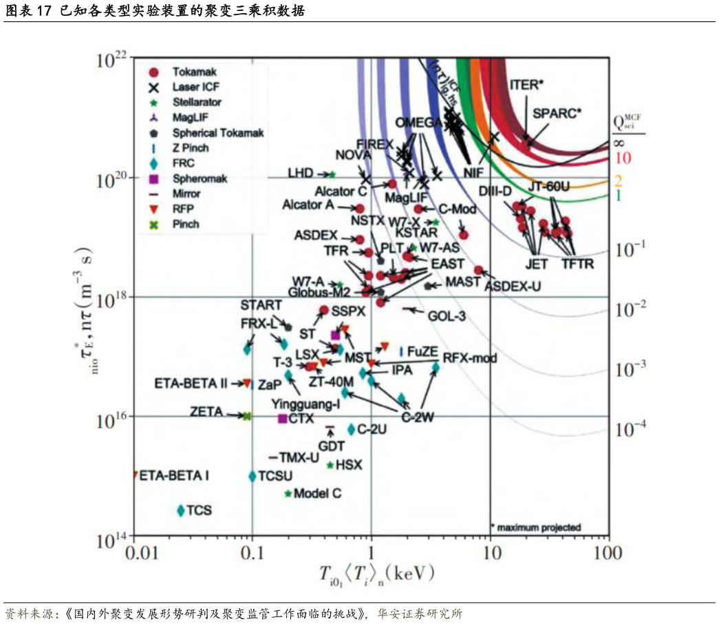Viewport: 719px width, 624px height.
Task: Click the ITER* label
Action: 526,85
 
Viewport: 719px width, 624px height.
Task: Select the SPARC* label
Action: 557,112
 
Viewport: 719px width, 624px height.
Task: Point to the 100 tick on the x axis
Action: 607,554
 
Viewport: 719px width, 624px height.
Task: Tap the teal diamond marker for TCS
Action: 181,510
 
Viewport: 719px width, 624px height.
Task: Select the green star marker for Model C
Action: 289,494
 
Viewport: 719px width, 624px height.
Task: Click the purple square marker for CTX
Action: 282,418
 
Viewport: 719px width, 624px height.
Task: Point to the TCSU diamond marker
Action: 253,476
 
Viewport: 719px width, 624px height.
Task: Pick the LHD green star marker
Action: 332,174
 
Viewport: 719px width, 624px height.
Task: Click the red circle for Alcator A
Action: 359,208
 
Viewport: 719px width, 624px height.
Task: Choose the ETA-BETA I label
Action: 174,475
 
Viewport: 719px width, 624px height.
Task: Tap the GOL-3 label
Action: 447,316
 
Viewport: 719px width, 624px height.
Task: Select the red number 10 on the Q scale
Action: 622,158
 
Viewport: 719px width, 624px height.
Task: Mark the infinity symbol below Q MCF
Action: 619,143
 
